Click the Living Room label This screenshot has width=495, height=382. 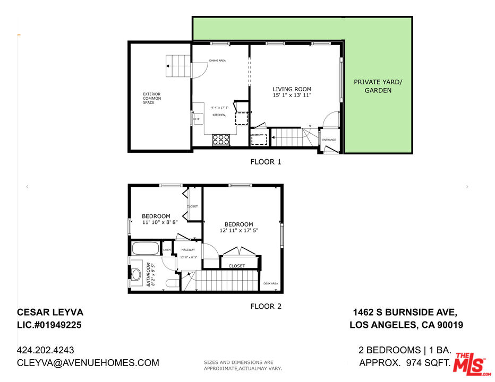[292, 89]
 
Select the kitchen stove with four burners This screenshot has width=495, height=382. [221, 139]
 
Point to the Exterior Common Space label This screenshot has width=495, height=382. [151, 98]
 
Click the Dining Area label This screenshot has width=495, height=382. [217, 60]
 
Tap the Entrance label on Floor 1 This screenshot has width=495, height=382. [329, 140]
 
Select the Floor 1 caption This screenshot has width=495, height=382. [266, 162]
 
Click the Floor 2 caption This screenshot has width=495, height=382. [266, 306]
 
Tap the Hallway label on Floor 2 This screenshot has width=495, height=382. [188, 250]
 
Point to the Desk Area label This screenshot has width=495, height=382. [270, 283]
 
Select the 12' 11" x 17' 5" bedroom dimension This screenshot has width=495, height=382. [238, 231]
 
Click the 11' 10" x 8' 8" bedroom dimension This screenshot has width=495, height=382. [156, 223]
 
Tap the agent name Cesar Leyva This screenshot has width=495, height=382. [50, 312]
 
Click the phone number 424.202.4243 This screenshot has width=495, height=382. [46, 350]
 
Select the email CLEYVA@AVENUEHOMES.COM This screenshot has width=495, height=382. [88, 363]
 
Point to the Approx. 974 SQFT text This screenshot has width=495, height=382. [405, 363]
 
